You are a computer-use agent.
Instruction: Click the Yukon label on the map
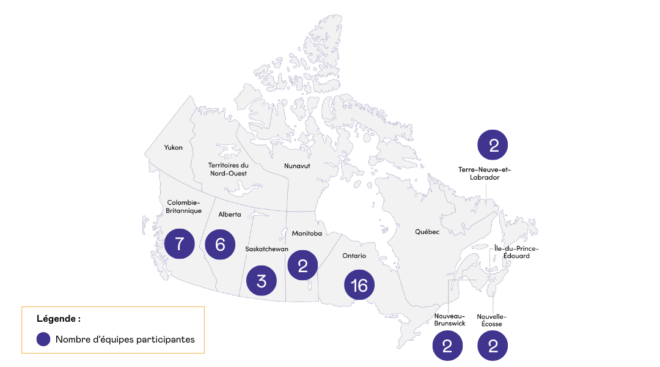pos(173,147)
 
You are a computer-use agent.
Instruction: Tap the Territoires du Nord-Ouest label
pos(228,169)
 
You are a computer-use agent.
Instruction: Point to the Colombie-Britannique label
pos(184,206)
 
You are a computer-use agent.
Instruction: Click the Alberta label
pos(230,215)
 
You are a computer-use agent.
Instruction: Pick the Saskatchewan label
pos(266,249)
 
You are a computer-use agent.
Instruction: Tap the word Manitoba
pos(307,233)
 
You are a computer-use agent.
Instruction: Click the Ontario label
pos(354,255)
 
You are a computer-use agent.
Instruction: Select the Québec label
pos(427,232)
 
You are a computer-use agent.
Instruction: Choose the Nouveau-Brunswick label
pos(450,319)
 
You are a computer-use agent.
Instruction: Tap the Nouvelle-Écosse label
pos(492,319)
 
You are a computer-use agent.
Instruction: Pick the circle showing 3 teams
pos(262,281)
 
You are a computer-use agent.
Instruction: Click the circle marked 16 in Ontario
pos(359,286)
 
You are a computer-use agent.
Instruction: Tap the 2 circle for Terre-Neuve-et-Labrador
pos(493,146)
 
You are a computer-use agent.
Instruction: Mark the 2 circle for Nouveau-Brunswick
pos(447,347)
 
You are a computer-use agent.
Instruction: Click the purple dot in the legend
pos(43,339)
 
